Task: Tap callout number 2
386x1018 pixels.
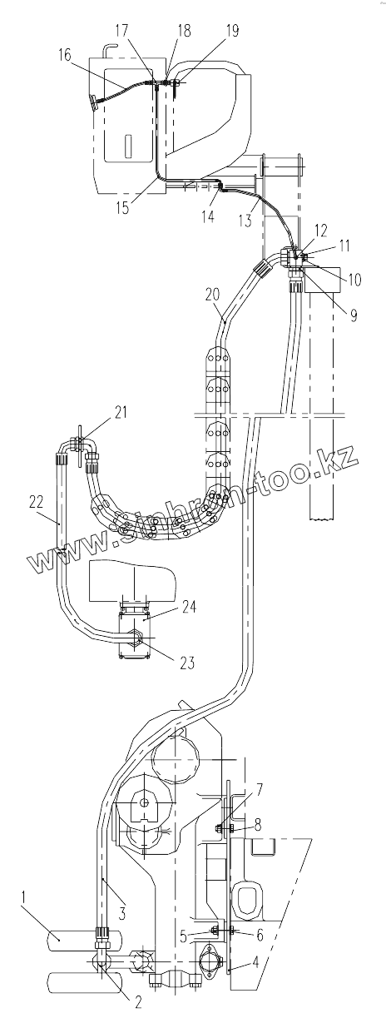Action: pos(138,1002)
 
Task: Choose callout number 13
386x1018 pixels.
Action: pos(245,221)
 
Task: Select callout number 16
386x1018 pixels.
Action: pos(65,56)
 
